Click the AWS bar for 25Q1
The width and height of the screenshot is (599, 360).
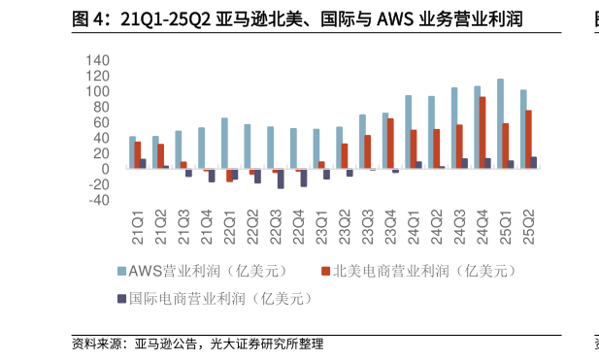(x=500, y=124)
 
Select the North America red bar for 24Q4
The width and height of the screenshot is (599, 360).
(x=483, y=133)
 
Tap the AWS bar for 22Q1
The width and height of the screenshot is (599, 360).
(x=224, y=144)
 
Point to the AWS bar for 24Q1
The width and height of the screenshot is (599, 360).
(x=408, y=132)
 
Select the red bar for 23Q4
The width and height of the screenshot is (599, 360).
(x=390, y=144)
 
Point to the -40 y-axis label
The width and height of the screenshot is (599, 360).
(x=97, y=200)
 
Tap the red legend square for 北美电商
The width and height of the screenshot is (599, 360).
(x=325, y=271)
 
